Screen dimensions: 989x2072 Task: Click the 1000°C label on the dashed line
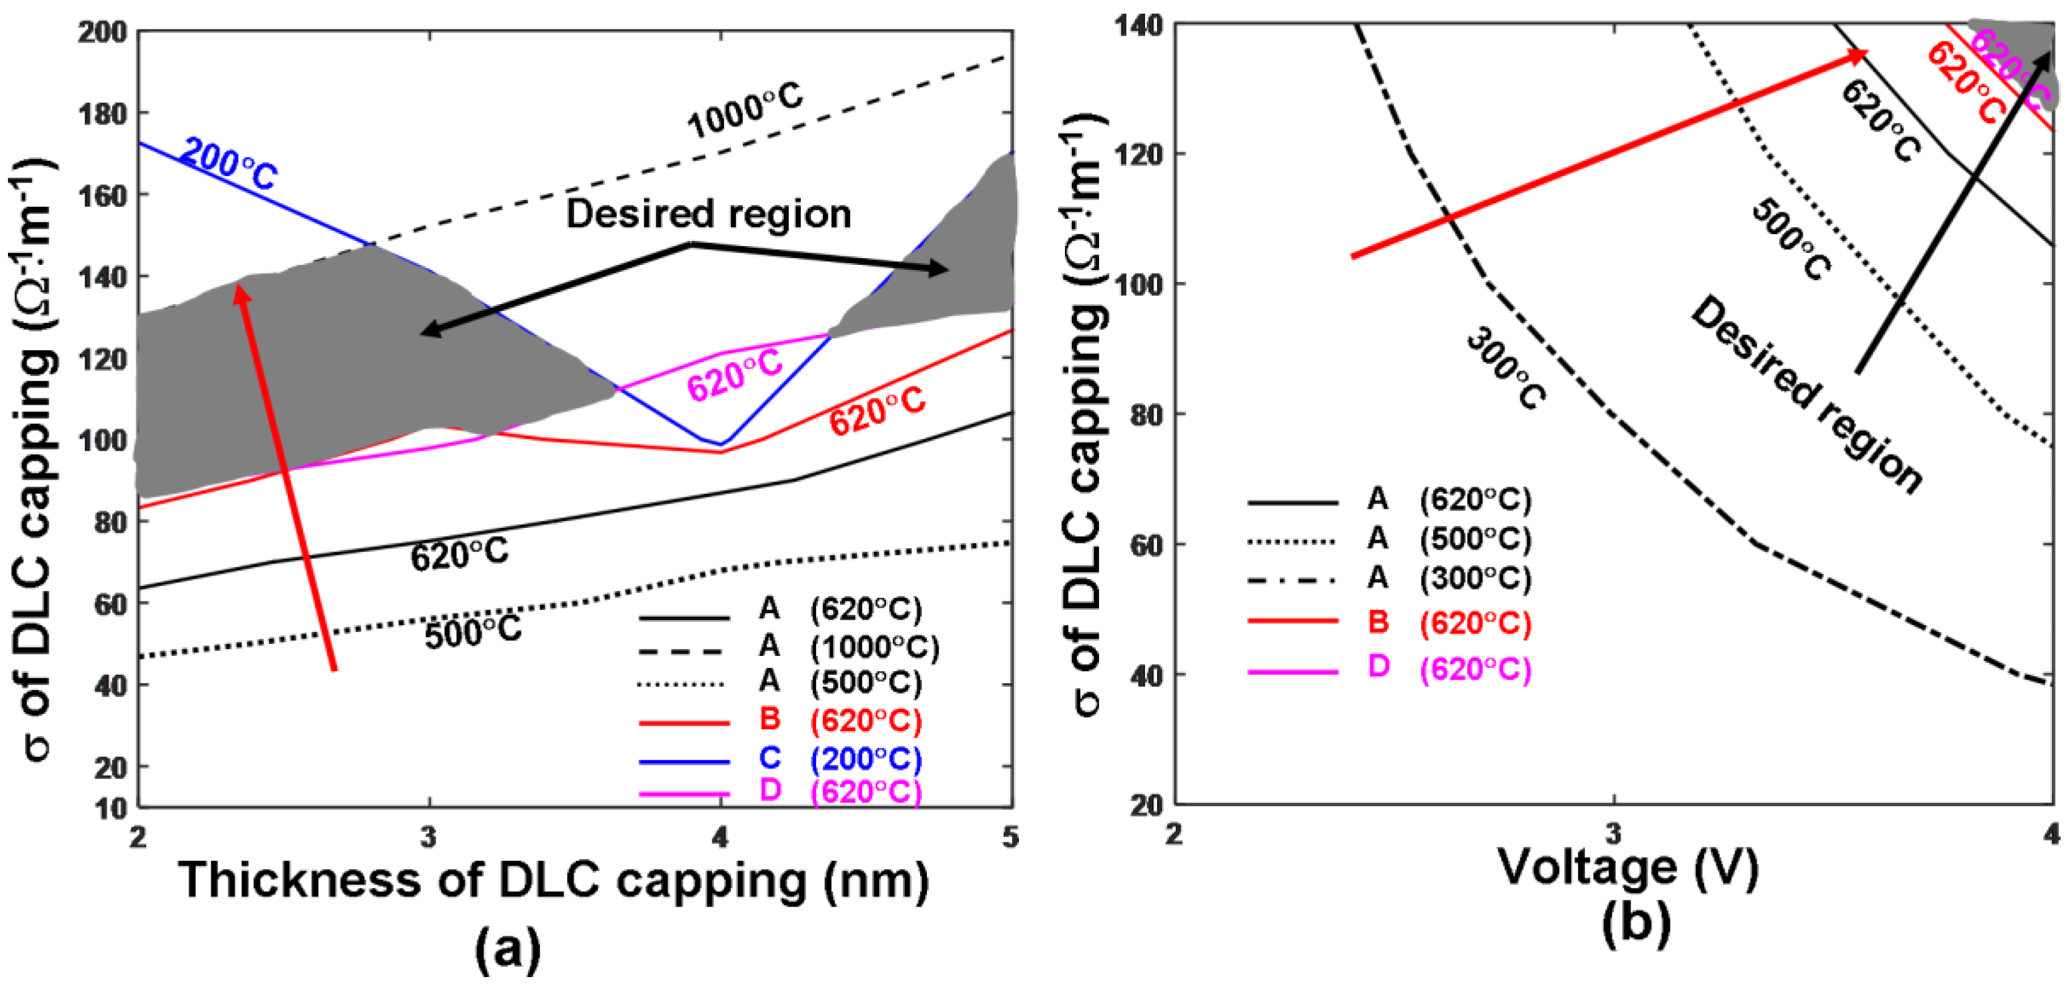coord(744,110)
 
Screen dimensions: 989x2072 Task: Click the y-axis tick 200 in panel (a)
coord(102,32)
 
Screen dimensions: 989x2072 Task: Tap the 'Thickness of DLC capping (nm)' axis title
coord(553,879)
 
